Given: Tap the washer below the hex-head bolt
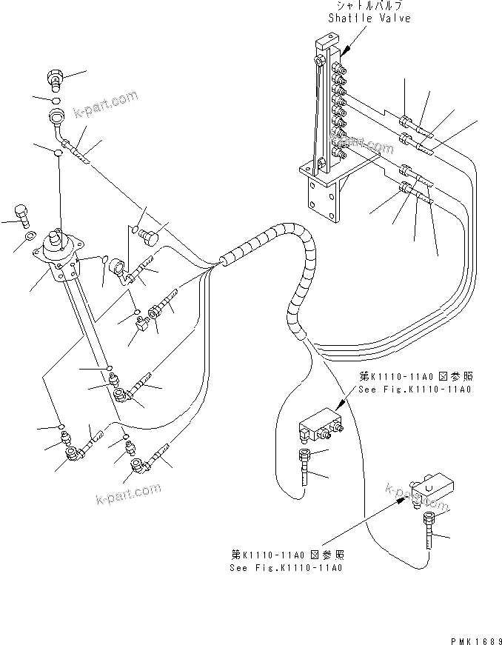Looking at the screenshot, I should [x=27, y=236].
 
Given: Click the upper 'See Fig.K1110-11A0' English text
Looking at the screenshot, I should [x=415, y=390].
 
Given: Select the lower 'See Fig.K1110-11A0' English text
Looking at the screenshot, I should [x=285, y=567].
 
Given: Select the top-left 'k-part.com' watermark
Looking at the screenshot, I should [x=106, y=106].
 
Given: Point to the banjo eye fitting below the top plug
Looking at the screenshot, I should [x=57, y=116].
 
